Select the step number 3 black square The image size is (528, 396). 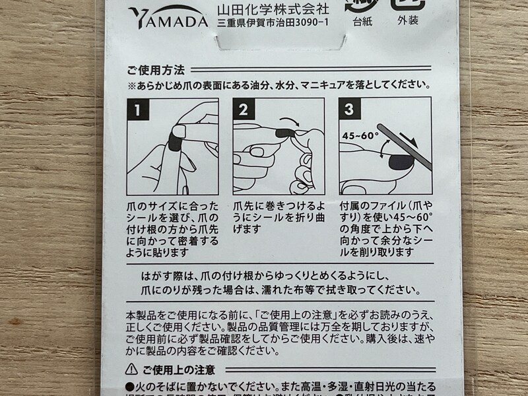350,110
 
